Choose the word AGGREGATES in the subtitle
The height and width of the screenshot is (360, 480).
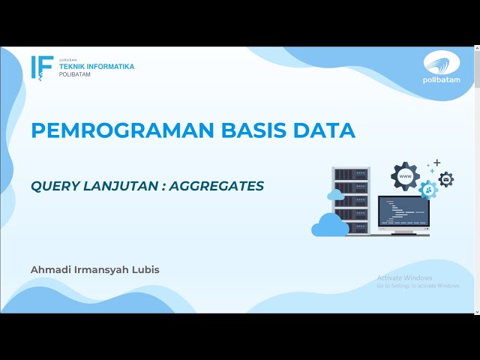click(x=217, y=185)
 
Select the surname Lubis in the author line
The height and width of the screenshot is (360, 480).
click(x=144, y=269)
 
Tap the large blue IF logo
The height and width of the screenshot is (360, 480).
click(x=42, y=67)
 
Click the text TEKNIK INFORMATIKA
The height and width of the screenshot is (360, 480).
click(x=97, y=66)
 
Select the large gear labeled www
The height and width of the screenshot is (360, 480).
click(x=405, y=176)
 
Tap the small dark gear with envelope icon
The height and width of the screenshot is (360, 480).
click(x=446, y=180)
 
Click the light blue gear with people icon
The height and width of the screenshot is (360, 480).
click(x=428, y=189)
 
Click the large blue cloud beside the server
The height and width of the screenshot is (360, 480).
click(x=330, y=225)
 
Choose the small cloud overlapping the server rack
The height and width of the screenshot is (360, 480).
click(x=336, y=195)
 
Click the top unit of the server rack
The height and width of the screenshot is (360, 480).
click(x=352, y=174)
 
